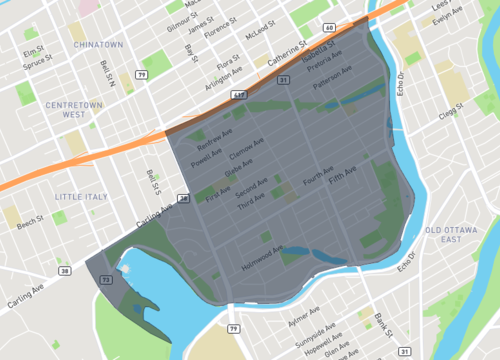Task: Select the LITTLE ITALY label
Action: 81,196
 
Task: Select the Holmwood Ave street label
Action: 263,260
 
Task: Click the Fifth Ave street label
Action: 342,181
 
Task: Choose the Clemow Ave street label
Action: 247,151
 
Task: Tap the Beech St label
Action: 30,219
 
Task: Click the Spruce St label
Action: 37,66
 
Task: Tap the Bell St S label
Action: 154,181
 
